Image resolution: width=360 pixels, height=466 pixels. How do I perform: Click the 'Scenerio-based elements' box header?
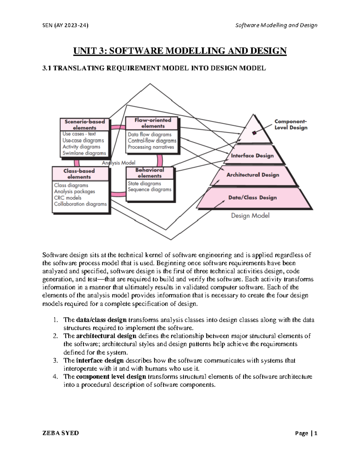coord(85,125)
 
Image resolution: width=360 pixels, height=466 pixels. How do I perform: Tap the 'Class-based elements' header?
coord(79,174)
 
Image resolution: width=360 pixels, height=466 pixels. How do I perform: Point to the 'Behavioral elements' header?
coord(149,173)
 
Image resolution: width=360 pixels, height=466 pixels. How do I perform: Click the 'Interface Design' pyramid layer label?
coord(252,156)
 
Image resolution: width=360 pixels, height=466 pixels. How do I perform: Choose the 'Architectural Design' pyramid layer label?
coord(253,175)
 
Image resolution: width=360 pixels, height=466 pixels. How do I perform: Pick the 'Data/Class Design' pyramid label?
coord(252,197)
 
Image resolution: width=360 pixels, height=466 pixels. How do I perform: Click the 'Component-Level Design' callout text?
coord(291,125)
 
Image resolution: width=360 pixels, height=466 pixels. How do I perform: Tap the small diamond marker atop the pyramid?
coord(254,133)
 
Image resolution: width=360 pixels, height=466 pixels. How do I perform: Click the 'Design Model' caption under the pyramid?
coord(250,215)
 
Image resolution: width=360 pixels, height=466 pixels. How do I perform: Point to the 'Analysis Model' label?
coord(118,163)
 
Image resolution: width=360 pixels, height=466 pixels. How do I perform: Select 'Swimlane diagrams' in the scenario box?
coord(84,153)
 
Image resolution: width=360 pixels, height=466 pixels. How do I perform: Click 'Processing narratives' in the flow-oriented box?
coord(151,147)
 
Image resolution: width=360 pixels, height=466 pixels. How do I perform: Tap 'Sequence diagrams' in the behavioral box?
coord(149,190)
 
